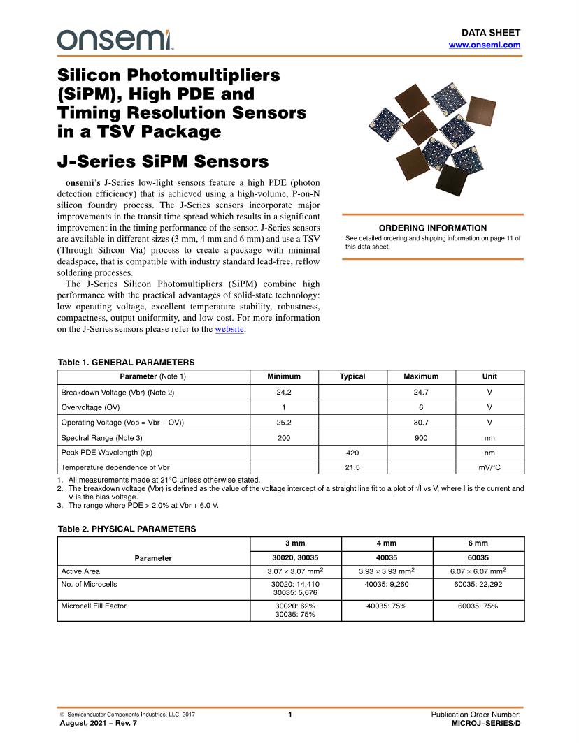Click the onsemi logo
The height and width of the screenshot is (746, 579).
[115, 40]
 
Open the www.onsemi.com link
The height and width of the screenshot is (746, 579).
[484, 45]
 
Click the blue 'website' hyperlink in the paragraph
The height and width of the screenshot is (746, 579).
[229, 329]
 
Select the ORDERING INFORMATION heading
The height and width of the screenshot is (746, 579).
[432, 228]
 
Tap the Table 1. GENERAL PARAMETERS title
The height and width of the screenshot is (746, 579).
[126, 362]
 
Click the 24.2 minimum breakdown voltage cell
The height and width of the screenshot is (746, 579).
[284, 393]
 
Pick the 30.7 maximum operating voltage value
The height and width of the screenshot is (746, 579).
[421, 423]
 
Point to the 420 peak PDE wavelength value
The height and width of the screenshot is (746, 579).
[352, 453]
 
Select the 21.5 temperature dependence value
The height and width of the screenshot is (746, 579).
[352, 468]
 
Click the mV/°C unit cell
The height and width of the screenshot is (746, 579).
[489, 468]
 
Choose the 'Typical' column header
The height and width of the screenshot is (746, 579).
[352, 376]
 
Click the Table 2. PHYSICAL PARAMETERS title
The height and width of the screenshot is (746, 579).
[127, 529]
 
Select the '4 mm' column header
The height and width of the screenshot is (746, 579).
[387, 543]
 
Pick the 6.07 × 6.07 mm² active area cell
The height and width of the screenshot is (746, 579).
[478, 571]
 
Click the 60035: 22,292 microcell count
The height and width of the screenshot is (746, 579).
[478, 584]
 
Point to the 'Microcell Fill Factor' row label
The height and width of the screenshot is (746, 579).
[94, 606]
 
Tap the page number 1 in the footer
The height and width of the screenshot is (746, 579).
[289, 715]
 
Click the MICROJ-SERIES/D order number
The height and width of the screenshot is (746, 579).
[486, 724]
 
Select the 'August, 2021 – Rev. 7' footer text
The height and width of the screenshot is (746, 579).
[99, 724]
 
